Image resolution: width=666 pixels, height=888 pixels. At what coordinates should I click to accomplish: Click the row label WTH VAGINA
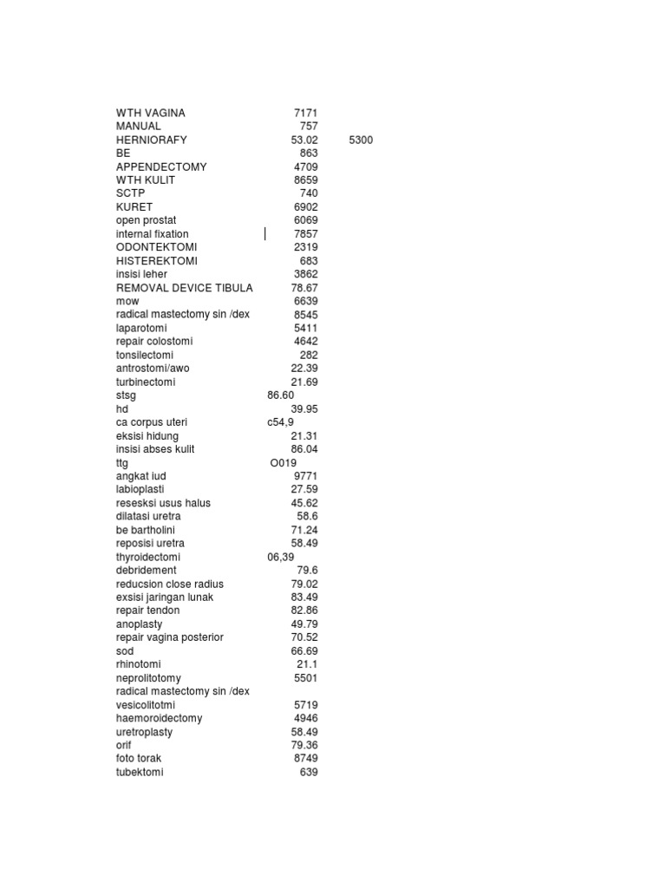(151, 113)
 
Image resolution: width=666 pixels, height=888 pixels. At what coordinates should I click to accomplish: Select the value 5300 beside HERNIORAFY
(361, 140)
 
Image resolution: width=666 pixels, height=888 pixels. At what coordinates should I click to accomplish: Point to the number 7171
(305, 113)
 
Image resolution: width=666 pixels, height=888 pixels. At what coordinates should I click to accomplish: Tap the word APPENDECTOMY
(161, 166)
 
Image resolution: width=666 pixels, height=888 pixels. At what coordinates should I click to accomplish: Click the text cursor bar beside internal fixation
(265, 234)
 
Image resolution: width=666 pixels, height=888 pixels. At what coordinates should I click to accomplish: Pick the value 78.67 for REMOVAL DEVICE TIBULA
(304, 288)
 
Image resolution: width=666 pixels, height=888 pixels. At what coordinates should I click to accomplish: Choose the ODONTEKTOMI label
(156, 247)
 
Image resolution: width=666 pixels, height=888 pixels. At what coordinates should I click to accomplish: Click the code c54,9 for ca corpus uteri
(281, 422)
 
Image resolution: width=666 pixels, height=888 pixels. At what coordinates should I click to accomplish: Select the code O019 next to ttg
(283, 463)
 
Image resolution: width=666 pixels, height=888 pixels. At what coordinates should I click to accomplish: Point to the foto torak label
(139, 758)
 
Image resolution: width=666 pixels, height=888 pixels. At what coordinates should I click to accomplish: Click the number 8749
(305, 758)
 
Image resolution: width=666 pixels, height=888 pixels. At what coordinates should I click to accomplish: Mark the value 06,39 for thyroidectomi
(281, 557)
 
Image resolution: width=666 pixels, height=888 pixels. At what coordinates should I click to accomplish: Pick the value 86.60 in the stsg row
(281, 395)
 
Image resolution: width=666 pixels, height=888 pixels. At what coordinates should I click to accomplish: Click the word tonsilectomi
(145, 355)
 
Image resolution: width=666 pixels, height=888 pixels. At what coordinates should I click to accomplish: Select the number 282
(309, 355)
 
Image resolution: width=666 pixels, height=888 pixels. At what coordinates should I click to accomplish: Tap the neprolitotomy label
(148, 677)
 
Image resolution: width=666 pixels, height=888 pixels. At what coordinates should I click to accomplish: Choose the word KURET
(134, 207)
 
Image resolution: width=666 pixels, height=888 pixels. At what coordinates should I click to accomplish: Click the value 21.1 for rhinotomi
(307, 664)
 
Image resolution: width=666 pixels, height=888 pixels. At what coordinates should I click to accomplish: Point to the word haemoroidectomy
(160, 718)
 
